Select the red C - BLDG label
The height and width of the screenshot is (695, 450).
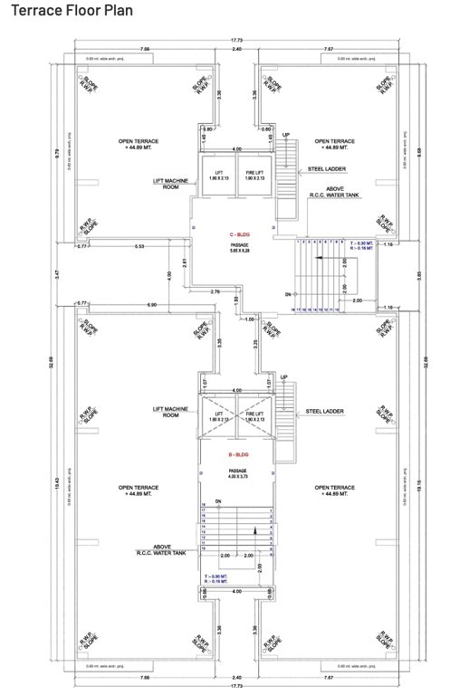[x=239, y=233]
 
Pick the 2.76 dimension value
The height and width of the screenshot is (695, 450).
[x=215, y=292]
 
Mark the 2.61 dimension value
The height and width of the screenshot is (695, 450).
[x=186, y=262]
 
